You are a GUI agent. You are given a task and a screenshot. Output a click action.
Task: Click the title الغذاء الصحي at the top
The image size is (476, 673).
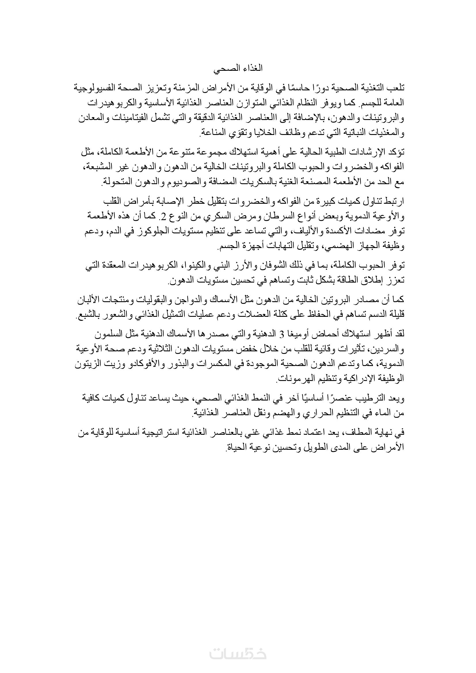tap(238, 68)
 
